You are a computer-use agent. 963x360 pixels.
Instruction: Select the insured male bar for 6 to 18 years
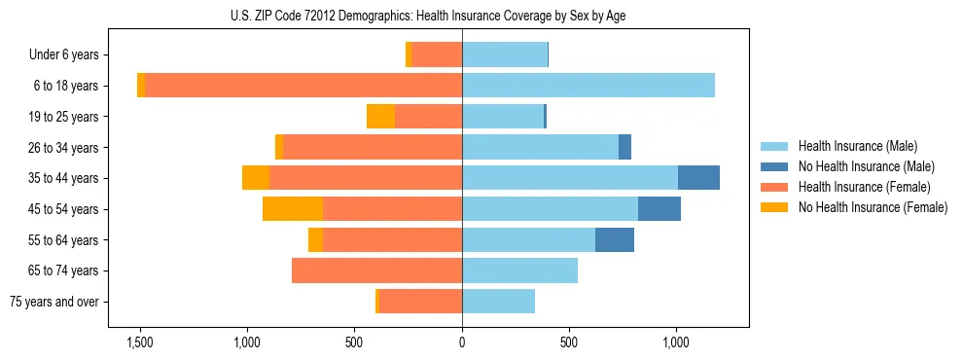588,86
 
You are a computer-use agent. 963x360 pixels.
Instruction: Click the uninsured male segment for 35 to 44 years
698,178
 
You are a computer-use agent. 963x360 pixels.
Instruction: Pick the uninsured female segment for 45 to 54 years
293,208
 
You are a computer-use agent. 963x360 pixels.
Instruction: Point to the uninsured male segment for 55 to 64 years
615,239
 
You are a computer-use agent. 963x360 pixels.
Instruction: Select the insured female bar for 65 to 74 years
376,270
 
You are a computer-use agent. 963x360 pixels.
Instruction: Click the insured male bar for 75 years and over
498,302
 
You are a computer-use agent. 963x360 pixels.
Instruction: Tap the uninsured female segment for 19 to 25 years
380,117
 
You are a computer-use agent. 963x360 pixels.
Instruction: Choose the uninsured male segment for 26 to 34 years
624,147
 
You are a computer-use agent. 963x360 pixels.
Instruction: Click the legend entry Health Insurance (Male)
857,146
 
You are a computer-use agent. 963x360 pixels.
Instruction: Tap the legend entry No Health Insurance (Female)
873,207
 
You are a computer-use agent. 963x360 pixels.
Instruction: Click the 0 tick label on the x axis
462,343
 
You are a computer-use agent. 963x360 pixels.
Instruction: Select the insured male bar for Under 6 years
505,54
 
